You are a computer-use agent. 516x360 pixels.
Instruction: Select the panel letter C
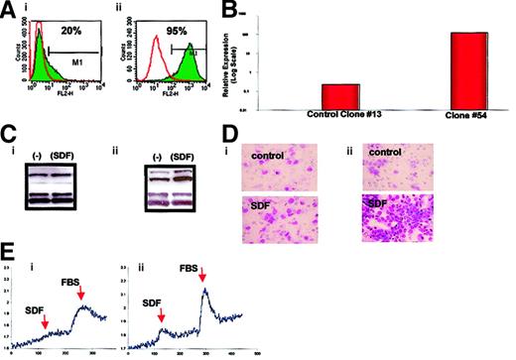coord(8,131)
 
